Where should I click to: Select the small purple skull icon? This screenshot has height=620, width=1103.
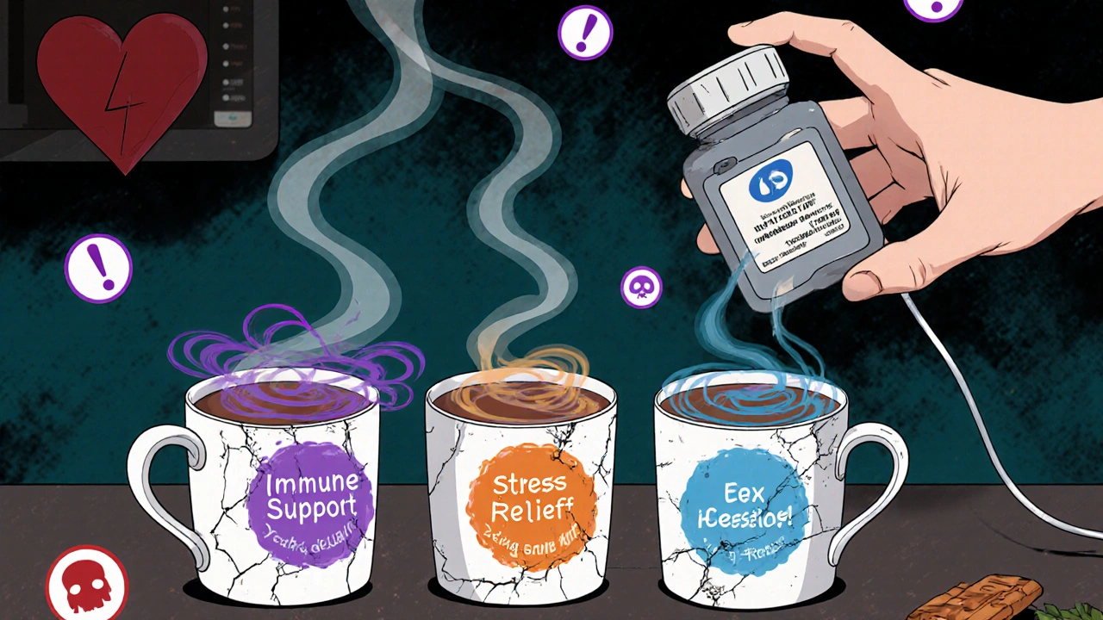pos(641,287)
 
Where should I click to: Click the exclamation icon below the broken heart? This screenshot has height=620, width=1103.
pos(98,268)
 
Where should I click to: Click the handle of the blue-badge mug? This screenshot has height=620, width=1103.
pos(870,482)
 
